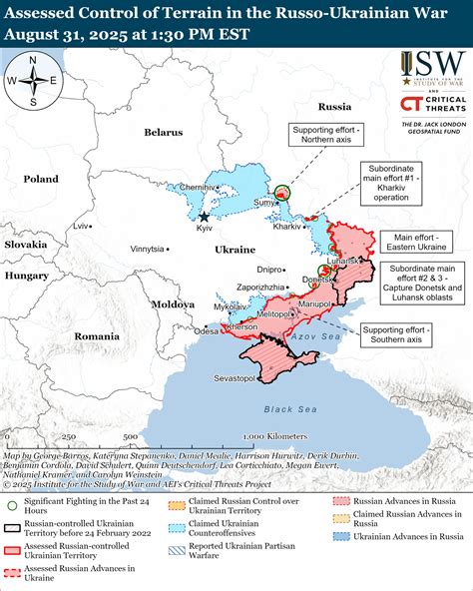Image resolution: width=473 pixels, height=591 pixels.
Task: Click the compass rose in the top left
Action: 33,81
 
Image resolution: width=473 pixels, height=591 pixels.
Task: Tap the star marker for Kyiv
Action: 205,217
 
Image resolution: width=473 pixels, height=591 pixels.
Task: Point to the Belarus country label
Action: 163,132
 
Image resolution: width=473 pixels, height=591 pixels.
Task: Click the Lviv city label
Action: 82,226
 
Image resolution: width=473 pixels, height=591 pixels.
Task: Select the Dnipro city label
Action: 269,269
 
